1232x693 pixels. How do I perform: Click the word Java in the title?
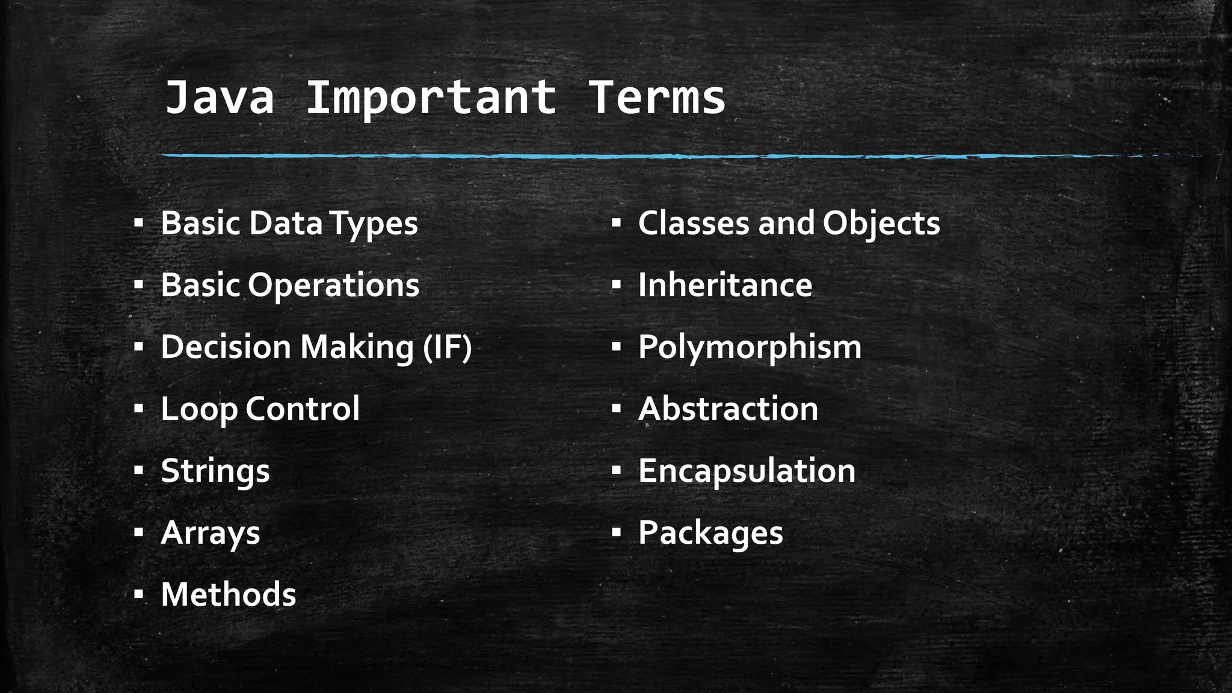coord(219,97)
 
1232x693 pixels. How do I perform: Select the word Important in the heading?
coord(431,97)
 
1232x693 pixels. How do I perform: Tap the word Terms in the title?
coord(657,97)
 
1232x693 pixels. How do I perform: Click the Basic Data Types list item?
coord(289,223)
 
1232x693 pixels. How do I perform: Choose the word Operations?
coord(333,285)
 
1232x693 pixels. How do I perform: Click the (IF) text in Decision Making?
coord(448,347)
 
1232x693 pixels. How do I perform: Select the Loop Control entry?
coord(260,409)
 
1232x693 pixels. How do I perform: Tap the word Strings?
coord(215,471)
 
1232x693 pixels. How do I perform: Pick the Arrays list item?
coord(210,533)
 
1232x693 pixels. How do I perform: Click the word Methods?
coord(228,595)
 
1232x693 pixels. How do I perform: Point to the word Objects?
coord(881,223)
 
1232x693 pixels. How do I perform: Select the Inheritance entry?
coord(725,285)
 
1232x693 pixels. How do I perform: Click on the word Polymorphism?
coord(750,347)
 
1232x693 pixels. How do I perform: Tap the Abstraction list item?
coord(728,409)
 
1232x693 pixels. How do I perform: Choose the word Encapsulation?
coord(747,471)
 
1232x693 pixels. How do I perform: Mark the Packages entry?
coord(710,533)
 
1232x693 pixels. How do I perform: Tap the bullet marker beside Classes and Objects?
coord(615,223)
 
